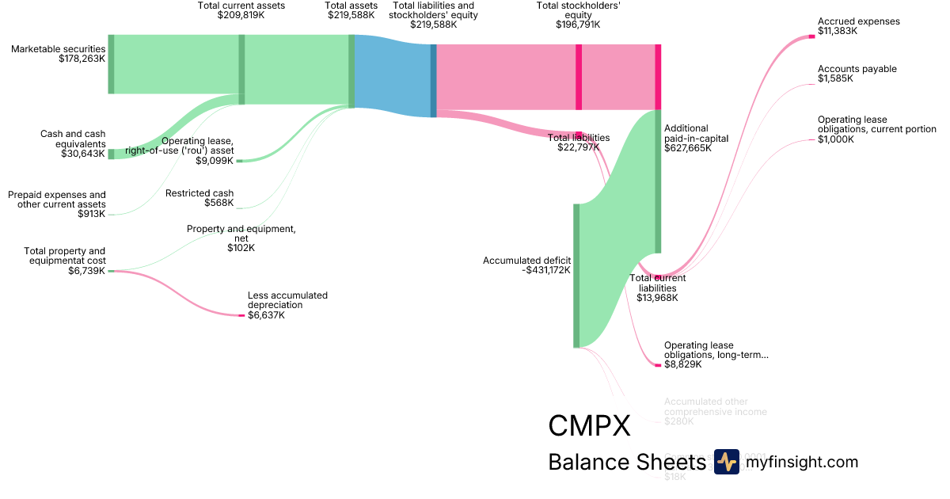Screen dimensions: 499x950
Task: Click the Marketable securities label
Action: (x=58, y=49)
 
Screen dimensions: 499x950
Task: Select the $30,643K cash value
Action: (x=82, y=154)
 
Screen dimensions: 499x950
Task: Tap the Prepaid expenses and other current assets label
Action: (x=56, y=200)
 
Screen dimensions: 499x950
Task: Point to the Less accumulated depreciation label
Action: (x=287, y=300)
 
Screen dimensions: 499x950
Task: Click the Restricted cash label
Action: (x=199, y=192)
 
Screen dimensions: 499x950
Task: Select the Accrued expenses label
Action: (x=858, y=21)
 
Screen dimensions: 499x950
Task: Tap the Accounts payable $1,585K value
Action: (x=835, y=78)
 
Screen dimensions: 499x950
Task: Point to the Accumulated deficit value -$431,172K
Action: (x=546, y=270)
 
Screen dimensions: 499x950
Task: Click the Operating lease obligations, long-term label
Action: (x=716, y=350)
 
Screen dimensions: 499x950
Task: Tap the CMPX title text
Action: (x=589, y=426)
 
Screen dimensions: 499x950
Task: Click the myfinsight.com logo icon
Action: (x=726, y=462)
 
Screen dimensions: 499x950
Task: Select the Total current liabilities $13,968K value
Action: (x=657, y=298)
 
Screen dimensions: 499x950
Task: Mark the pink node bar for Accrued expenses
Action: (x=811, y=36)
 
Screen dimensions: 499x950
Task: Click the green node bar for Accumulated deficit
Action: (x=576, y=276)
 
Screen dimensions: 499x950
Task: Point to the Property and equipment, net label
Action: (x=241, y=230)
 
